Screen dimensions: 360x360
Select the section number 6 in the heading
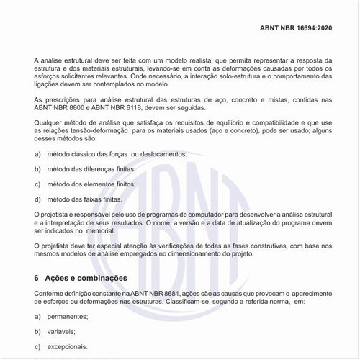click(x=37, y=278)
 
